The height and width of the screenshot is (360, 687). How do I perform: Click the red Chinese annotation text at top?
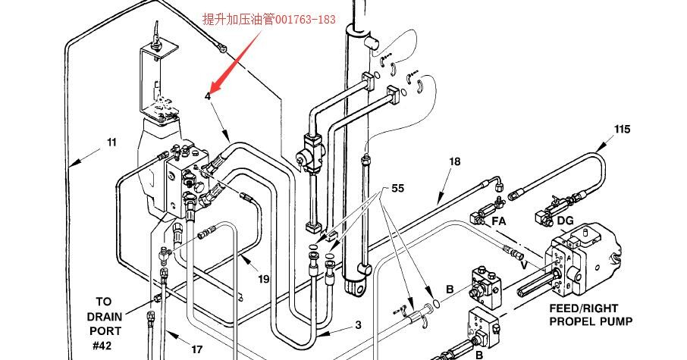[x=268, y=20]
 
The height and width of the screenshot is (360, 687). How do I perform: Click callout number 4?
[x=208, y=96]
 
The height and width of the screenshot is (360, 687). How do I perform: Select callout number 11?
[x=111, y=142]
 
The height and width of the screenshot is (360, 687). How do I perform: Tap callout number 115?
[x=622, y=130]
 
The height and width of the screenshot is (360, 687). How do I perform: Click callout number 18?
[x=454, y=161]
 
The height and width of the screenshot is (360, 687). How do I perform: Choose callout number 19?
[x=263, y=279]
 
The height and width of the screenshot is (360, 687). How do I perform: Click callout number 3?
[x=358, y=325]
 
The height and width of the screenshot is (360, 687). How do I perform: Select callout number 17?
[x=196, y=349]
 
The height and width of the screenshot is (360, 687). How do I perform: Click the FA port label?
[x=499, y=221]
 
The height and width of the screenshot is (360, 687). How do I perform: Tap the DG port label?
[x=565, y=221]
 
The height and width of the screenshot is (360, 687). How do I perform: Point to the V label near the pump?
[x=523, y=265]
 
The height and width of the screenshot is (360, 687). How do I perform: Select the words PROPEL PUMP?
[x=591, y=321]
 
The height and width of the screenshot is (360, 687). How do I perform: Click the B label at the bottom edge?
[x=479, y=354]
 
